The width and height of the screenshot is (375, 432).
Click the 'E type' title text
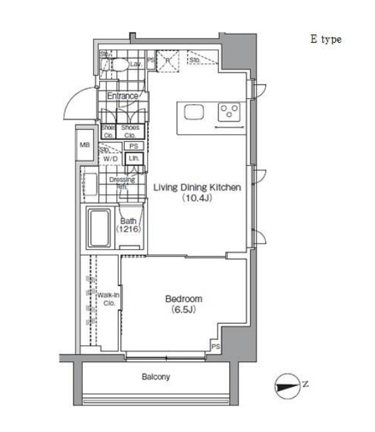click(x=326, y=39)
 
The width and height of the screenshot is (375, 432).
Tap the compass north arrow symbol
click(x=287, y=387)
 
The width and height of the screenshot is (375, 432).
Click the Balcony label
click(x=156, y=377)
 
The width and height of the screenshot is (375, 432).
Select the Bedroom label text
click(x=183, y=298)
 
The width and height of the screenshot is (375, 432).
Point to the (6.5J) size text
click(x=183, y=309)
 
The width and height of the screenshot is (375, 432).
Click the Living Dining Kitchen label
click(x=197, y=188)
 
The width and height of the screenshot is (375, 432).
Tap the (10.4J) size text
click(x=197, y=198)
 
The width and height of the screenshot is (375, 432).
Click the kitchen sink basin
click(x=194, y=113)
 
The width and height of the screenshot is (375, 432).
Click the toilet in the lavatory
click(x=120, y=64)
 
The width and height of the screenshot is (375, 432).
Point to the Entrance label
click(x=123, y=97)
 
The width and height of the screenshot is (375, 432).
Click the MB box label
click(x=85, y=146)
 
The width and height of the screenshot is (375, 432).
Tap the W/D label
click(x=110, y=159)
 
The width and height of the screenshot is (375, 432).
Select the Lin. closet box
click(x=133, y=158)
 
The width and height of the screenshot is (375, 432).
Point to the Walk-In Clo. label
click(x=107, y=299)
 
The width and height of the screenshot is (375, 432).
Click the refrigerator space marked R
click(x=168, y=61)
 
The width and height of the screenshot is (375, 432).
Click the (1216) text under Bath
click(x=129, y=230)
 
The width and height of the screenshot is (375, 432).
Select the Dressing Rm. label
click(x=121, y=183)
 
